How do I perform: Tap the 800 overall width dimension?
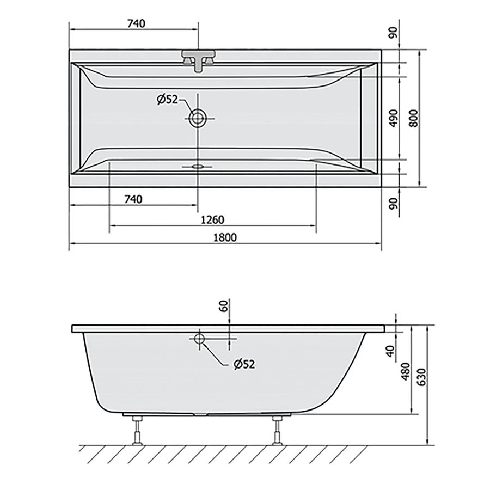tap(414, 117)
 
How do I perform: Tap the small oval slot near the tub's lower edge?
tap(198, 166)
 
